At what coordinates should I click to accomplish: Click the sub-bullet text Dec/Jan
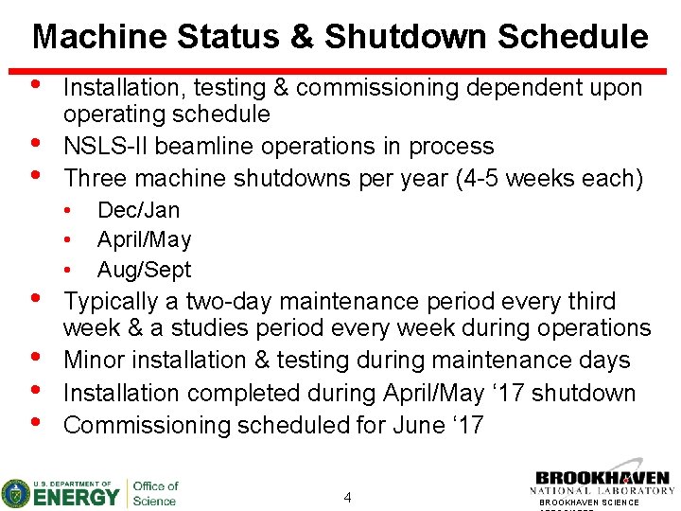138,210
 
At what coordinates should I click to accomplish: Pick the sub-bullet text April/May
144,239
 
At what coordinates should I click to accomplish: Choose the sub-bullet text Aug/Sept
144,270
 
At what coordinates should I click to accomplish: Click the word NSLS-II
105,147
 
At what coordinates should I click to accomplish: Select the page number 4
348,498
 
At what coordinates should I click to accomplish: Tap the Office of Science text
155,493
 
